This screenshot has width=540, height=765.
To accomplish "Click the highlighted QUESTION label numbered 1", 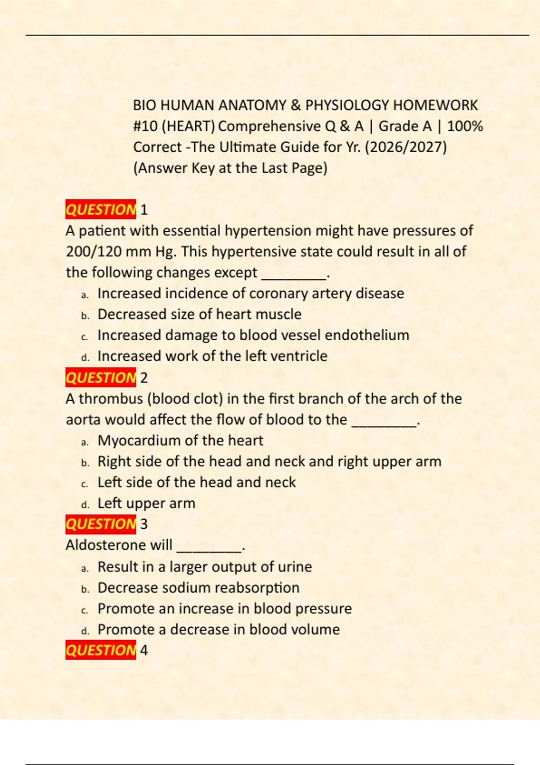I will pyautogui.click(x=100, y=209).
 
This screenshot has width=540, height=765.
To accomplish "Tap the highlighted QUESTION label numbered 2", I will pyautogui.click(x=100, y=377).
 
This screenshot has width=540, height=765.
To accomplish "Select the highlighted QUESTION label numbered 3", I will pyautogui.click(x=100, y=524).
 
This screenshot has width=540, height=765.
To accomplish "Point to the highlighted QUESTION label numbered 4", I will pyautogui.click(x=100, y=650).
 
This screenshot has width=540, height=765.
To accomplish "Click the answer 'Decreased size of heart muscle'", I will pyautogui.click(x=199, y=314).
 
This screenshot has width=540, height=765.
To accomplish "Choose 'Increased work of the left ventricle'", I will pyautogui.click(x=212, y=356).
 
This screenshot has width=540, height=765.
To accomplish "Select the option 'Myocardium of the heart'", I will pyautogui.click(x=180, y=440).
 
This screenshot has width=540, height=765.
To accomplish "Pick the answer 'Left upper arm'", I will pyautogui.click(x=146, y=503).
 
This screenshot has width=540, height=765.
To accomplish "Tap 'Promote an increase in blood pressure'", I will pyautogui.click(x=225, y=608).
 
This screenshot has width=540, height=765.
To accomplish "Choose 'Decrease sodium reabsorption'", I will pyautogui.click(x=198, y=588).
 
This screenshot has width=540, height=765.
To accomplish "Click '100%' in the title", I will pyautogui.click(x=465, y=126).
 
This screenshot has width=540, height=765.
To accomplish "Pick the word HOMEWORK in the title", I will pyautogui.click(x=435, y=105).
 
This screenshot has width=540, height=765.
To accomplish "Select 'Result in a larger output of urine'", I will pyautogui.click(x=205, y=567).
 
